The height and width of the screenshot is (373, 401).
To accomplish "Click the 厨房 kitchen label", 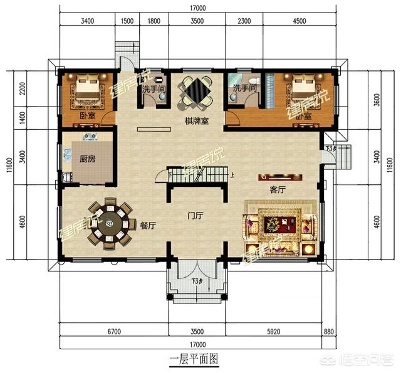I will pos(88,159).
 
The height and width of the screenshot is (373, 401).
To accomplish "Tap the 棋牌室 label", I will pos(196,120).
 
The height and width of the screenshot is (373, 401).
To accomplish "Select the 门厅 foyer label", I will pos(196,216).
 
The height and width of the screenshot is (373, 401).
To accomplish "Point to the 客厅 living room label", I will pos(278,189).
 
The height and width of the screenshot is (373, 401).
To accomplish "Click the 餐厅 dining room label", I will pos(148,226).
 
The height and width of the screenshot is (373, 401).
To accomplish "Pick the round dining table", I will pos(111,222).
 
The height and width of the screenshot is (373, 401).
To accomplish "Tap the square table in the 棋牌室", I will pos(197,92).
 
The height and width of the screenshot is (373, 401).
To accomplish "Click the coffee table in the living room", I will pos(278,223).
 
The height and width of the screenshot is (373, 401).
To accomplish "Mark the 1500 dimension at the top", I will pos(127,21).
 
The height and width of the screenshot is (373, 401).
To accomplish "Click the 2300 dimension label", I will pos(245,21).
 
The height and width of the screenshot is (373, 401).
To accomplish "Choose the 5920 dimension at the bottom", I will pos(280,329).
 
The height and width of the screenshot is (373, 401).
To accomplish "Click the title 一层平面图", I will pos(194,359).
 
